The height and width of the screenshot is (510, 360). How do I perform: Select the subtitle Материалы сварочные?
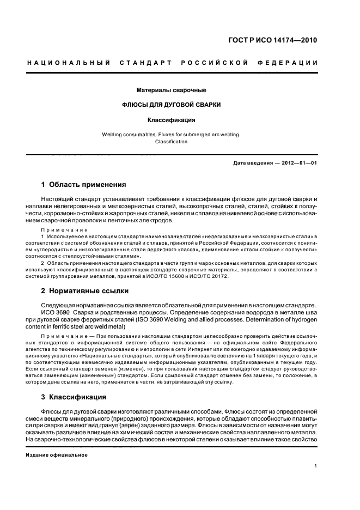click(171, 90)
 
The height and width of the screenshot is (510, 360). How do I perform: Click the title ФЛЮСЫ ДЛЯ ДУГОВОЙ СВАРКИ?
click(171, 105)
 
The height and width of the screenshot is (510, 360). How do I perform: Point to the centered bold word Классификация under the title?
click(171, 120)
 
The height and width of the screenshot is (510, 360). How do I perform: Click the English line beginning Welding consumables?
click(171, 134)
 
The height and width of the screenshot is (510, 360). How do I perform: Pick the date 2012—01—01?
click(298, 163)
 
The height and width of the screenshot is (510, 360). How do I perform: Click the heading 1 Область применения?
click(83, 185)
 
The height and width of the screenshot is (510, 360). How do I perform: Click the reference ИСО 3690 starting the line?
click(54, 313)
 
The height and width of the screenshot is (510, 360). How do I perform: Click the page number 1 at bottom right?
click(316, 466)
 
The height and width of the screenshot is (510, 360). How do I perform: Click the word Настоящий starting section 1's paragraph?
click(58, 200)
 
